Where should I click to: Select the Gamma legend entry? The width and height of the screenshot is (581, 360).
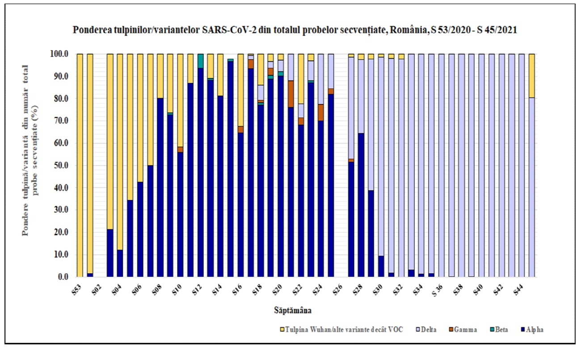(467, 330)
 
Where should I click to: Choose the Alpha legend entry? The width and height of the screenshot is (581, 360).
(535, 330)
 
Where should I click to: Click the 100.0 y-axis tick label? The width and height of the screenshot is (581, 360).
(60, 54)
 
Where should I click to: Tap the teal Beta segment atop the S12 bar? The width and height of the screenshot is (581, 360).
(200, 60)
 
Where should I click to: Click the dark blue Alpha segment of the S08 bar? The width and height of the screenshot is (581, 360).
(160, 188)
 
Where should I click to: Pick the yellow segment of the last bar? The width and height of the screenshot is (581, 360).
(531, 76)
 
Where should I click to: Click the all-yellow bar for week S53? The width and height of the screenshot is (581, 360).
(80, 165)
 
